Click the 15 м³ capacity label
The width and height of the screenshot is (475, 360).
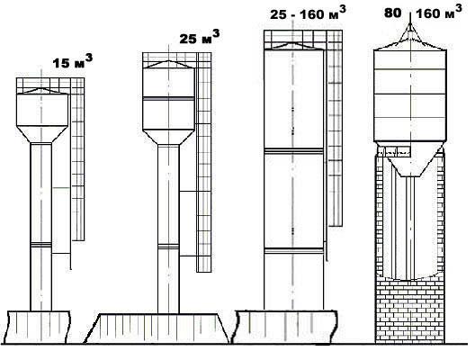click(72, 62)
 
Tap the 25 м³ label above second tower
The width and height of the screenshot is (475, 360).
click(200, 37)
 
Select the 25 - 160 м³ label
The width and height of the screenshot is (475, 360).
click(308, 13)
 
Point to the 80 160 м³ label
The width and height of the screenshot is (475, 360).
click(423, 13)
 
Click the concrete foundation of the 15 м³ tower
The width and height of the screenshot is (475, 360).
click(39, 327)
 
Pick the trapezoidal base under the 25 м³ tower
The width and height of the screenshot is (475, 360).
click(157, 328)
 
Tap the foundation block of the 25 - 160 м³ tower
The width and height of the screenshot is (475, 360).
click(286, 327)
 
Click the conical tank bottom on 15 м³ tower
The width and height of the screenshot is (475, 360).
click(41, 134)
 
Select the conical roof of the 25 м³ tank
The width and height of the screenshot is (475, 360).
click(168, 64)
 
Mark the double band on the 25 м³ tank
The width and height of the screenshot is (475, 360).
click(168, 98)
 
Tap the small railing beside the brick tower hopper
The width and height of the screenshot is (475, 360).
click(393, 151)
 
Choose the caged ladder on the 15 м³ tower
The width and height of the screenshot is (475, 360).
click(77, 159)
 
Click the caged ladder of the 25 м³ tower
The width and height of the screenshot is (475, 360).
click(204, 162)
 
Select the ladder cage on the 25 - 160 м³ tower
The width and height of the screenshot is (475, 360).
click(336, 128)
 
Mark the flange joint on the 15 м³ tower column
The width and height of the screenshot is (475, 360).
click(40, 245)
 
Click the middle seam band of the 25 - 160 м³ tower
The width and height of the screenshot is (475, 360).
click(294, 150)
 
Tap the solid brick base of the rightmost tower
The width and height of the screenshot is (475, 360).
click(409, 310)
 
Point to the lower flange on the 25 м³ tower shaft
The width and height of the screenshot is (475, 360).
click(168, 247)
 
